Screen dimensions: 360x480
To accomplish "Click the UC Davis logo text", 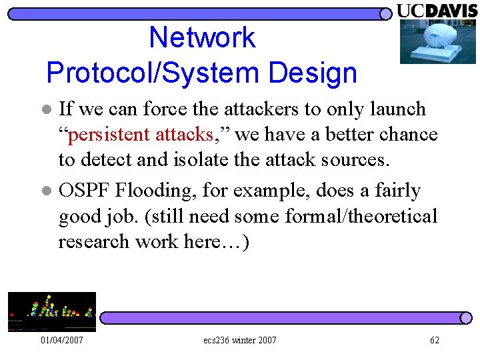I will coord(437,10).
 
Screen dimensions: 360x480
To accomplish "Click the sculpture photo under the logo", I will coord(437,41).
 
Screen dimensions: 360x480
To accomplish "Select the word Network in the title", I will coord(202,37).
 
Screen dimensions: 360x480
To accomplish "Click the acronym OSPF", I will coord(85,191).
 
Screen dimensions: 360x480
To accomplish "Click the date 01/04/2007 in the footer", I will coord(62,341).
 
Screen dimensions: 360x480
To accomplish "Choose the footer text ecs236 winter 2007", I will coord(240,341).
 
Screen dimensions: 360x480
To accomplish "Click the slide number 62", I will coord(435,341).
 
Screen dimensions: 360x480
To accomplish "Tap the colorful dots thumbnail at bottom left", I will coord(51,311).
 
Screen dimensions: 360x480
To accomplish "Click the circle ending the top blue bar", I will coord(385,13).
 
